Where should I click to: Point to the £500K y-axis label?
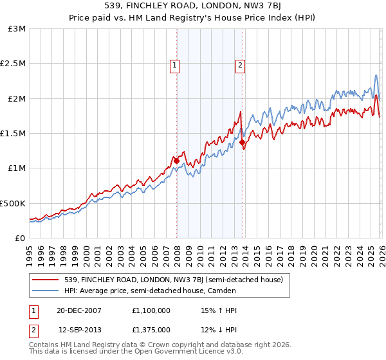[x=13, y=203]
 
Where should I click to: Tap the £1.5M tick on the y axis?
[x=13, y=134]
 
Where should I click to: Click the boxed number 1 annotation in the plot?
[x=174, y=64]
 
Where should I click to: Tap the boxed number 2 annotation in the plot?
[x=240, y=64]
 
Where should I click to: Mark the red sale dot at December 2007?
[x=176, y=161]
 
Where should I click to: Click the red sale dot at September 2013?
[x=242, y=142]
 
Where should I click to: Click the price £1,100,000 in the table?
[x=151, y=310]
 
